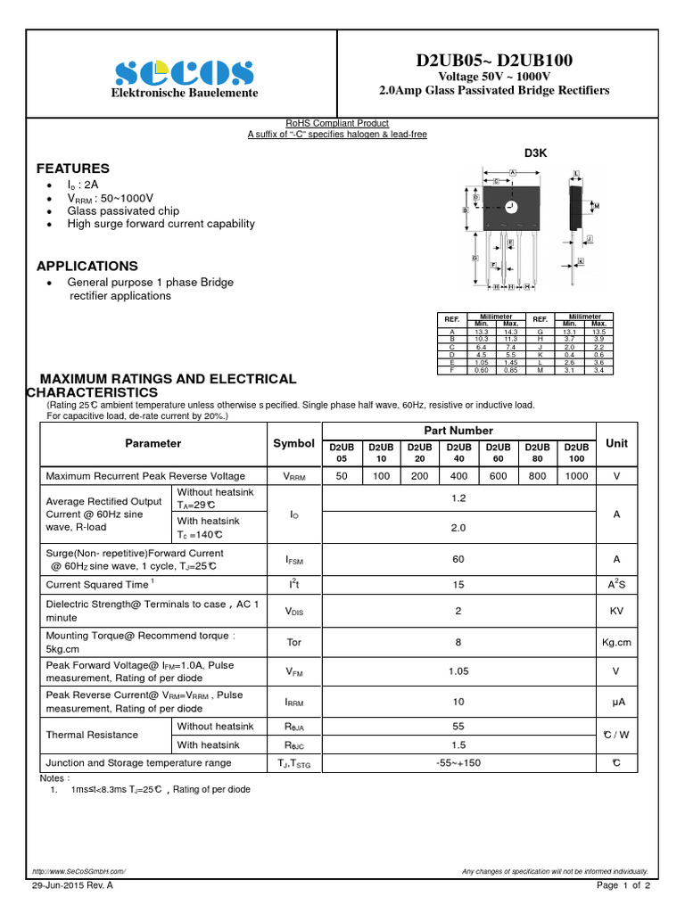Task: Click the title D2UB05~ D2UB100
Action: pyautogui.click(x=494, y=60)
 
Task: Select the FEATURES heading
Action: pyautogui.click(x=73, y=169)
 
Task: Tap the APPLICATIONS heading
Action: pyautogui.click(x=87, y=266)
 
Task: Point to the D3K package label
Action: pyautogui.click(x=535, y=153)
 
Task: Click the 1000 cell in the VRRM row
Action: pyautogui.click(x=576, y=476)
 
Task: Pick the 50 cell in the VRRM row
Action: pyautogui.click(x=342, y=476)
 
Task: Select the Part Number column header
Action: pyautogui.click(x=458, y=431)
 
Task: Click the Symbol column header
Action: pyautogui.click(x=293, y=443)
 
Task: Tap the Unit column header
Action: pyautogui.click(x=616, y=443)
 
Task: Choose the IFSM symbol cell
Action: pyautogui.click(x=294, y=560)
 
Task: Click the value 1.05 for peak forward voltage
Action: pyautogui.click(x=458, y=671)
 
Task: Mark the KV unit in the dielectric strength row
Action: pyautogui.click(x=616, y=611)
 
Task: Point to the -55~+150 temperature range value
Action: pyautogui.click(x=458, y=762)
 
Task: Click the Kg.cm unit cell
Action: pyautogui.click(x=616, y=642)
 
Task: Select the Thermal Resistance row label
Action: pyautogui.click(x=92, y=735)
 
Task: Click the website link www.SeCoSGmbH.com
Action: pyautogui.click(x=78, y=871)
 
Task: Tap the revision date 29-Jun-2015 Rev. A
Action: pyautogui.click(x=72, y=885)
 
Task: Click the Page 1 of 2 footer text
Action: pyautogui.click(x=623, y=885)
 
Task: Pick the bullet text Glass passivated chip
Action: pyautogui.click(x=123, y=211)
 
